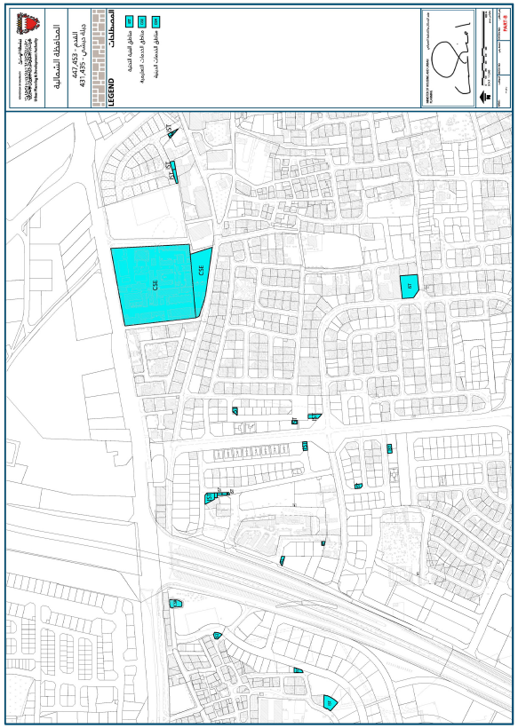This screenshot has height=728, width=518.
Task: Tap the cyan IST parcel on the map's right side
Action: [x=409, y=287]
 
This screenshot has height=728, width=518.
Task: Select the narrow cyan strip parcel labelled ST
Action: [x=175, y=171]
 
